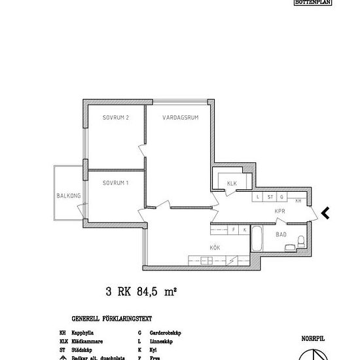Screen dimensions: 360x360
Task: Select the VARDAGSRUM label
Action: coord(180,118)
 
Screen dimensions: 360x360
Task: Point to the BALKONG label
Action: coord(67,196)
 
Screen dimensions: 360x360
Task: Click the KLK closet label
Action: coord(231,183)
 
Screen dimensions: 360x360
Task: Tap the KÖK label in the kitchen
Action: coord(214,247)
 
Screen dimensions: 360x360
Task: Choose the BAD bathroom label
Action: coord(281,234)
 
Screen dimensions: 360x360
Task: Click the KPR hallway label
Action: coord(281,211)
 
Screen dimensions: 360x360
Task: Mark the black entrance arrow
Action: coord(325,212)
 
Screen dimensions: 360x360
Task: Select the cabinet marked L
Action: coord(259,196)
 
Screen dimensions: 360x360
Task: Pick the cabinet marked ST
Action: coord(270,196)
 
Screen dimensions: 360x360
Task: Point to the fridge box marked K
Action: coord(244,230)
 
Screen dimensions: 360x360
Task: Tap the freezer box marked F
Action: coord(233,230)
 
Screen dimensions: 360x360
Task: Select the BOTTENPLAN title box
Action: coord(314,3)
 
